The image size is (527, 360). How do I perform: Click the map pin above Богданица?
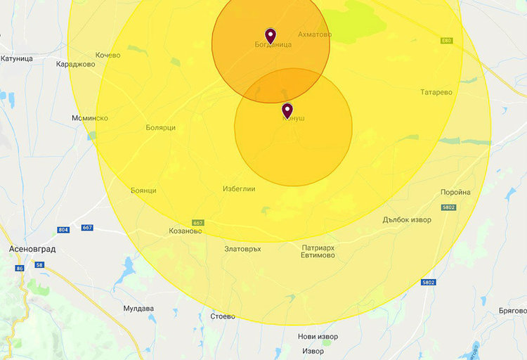(271, 35)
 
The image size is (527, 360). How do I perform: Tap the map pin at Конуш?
(287, 110)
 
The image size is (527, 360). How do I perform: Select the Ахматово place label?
(315, 34)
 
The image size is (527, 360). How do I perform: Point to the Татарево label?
(436, 92)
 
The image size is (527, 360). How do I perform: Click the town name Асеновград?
(32, 249)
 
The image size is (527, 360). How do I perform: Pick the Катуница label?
(17, 58)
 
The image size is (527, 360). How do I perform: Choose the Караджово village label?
(74, 63)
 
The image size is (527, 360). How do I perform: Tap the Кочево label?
(108, 55)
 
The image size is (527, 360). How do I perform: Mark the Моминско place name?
(90, 118)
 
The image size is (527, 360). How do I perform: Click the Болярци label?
(160, 128)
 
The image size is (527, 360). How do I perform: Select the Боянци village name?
(143, 191)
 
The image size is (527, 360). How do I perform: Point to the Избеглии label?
(239, 189)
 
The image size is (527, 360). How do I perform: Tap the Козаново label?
(186, 231)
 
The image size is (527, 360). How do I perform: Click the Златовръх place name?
(242, 249)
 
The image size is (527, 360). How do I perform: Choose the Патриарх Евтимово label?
(318, 252)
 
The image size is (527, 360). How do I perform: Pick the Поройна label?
(455, 192)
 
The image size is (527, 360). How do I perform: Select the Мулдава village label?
(138, 308)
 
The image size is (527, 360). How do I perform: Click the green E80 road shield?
(447, 41)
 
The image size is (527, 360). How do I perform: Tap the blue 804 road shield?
(64, 230)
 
